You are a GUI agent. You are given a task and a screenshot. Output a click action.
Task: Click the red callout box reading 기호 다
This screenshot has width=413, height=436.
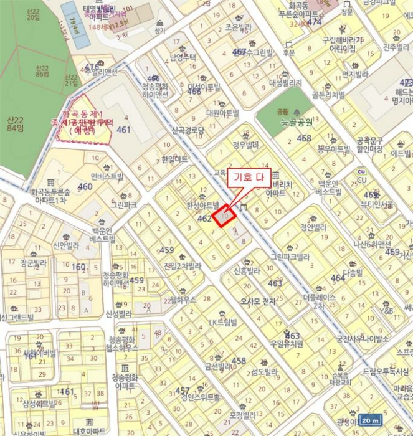coord(250,177)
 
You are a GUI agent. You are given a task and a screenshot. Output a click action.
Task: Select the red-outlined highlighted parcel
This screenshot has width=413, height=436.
coord(225,216)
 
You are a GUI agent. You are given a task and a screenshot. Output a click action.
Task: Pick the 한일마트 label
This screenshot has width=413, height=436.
coord(174,160)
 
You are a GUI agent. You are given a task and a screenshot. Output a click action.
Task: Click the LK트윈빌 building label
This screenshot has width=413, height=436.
coord(223,322)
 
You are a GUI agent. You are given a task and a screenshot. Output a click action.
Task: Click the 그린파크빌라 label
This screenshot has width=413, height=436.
coord(290,256)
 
